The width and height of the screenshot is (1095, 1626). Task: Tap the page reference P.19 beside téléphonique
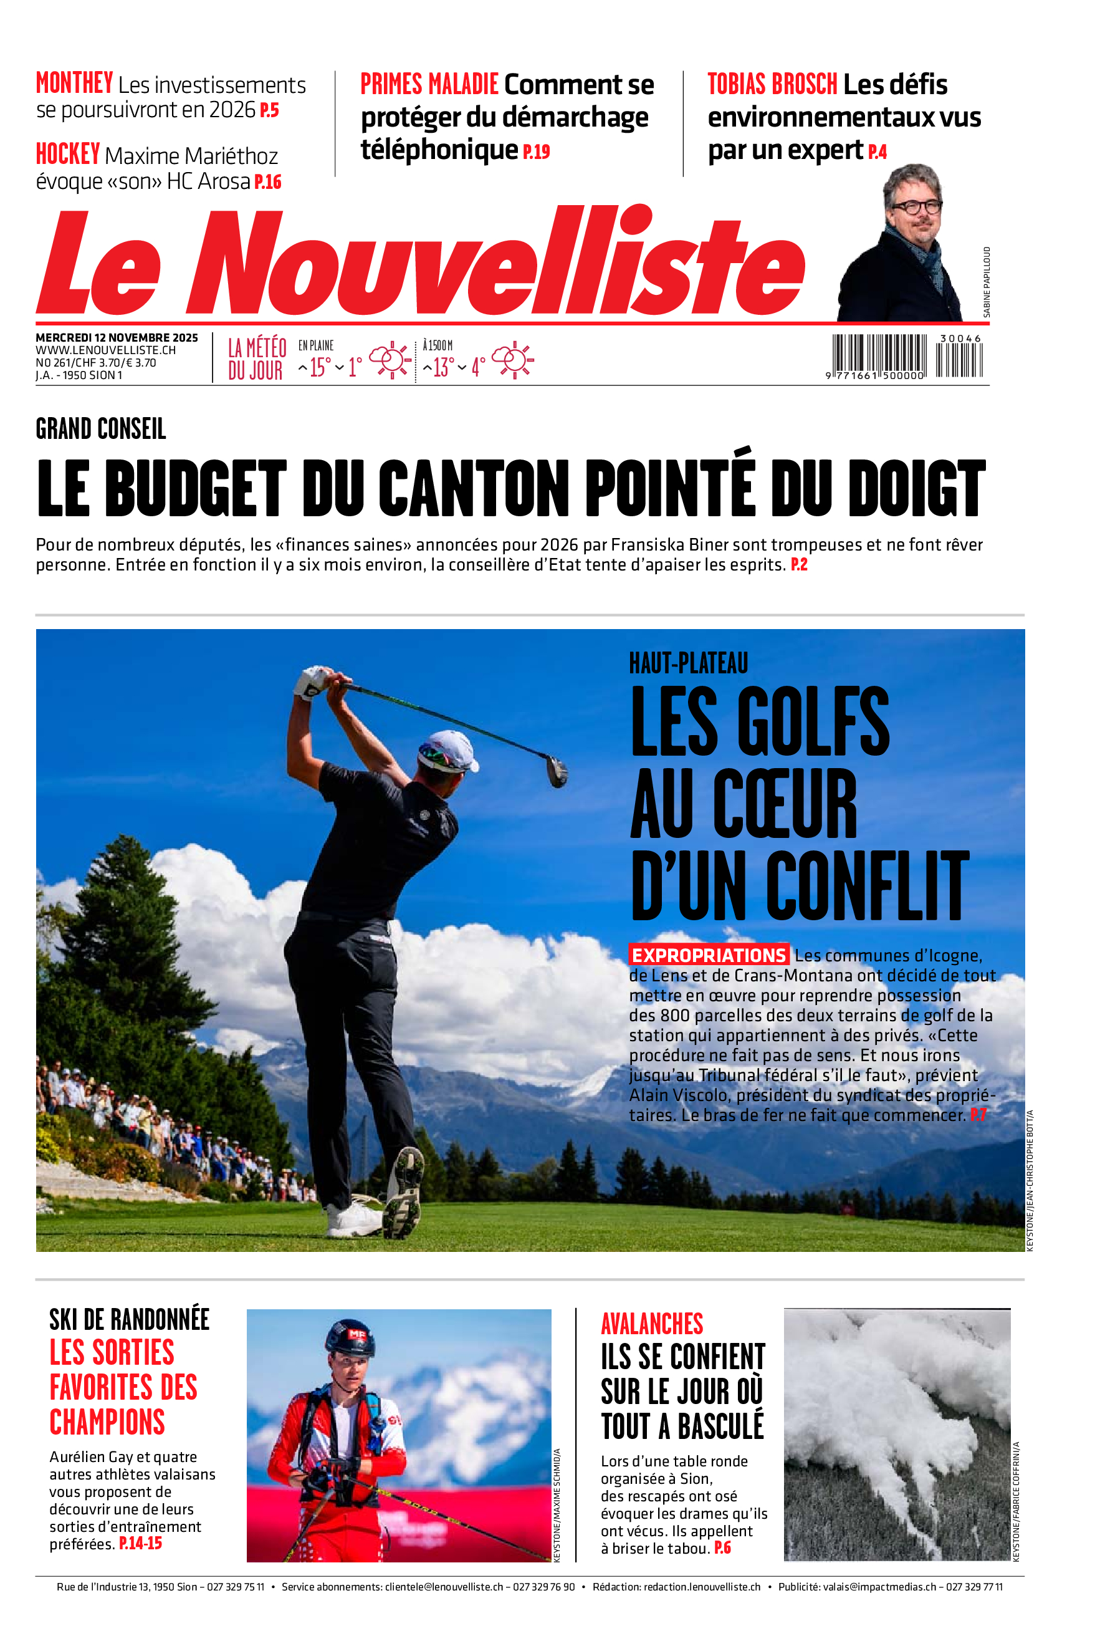(x=537, y=152)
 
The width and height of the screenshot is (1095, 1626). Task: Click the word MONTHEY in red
(x=74, y=83)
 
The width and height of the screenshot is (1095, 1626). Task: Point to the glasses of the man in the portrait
(x=916, y=207)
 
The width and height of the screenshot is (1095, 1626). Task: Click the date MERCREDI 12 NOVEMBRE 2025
(x=117, y=338)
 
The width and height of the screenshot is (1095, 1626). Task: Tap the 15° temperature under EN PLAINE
(x=319, y=367)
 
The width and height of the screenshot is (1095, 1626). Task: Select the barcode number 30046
(x=960, y=338)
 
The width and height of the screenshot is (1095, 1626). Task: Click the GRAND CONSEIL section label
(x=100, y=429)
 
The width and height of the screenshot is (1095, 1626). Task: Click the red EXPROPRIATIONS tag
(x=709, y=955)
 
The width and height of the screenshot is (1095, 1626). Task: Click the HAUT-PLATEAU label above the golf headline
(x=688, y=663)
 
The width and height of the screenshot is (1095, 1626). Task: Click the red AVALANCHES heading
(x=651, y=1324)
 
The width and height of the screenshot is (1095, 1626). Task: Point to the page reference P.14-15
(x=140, y=1543)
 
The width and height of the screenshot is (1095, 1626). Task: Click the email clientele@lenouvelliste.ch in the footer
(x=444, y=1587)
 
